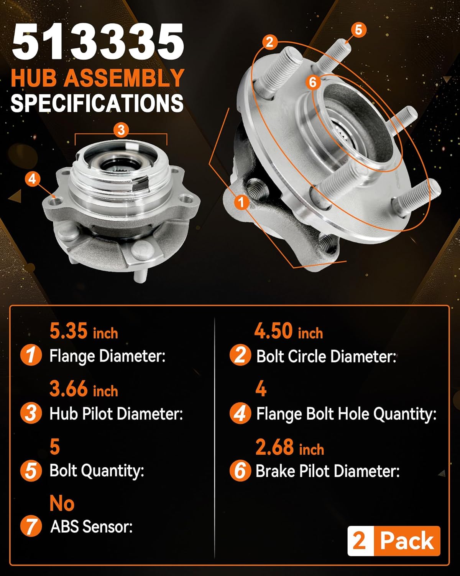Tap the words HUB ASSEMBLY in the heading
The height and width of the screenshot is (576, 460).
tap(98, 78)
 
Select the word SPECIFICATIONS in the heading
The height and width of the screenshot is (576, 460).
tap(97, 103)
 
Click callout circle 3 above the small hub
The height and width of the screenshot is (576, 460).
tap(121, 130)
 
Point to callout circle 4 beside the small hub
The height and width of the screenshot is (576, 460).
tap(33, 179)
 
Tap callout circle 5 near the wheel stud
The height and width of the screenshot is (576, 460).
tap(358, 30)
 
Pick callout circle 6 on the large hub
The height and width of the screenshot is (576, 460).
tap(313, 82)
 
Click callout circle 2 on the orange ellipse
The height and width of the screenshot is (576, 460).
tap(270, 42)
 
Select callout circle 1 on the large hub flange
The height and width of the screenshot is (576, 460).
tap(242, 202)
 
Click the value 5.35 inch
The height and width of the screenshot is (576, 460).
tap(84, 331)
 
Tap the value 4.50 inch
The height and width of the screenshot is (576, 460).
tap(288, 331)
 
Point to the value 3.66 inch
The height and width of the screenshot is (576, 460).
tap(84, 389)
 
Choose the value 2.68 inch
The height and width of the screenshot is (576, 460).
tap(289, 447)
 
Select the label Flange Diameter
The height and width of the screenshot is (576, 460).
tap(107, 356)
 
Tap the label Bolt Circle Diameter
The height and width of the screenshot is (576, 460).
tap(326, 356)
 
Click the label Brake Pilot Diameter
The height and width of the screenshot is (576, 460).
tap(327, 471)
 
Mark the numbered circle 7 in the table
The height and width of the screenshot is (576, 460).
tap(31, 526)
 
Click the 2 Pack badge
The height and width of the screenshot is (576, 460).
tap(394, 541)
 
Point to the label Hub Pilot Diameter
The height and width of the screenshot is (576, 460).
tap(116, 414)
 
